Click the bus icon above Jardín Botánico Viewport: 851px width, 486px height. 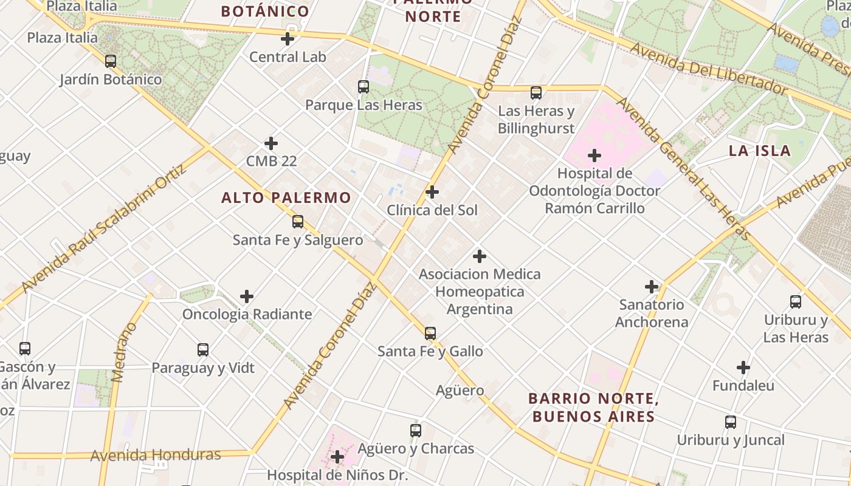110,61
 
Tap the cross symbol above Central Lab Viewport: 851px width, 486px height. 288,39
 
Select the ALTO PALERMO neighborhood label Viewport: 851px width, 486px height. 286,197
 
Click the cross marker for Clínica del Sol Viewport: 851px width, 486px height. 432,193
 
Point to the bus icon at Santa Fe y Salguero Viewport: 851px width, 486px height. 297,222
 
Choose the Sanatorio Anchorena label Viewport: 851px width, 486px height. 652,313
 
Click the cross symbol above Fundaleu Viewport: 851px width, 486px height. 743,368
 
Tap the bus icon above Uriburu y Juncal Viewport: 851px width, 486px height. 731,422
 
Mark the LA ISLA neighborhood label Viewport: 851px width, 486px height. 760,151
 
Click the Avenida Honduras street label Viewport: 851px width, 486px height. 156,455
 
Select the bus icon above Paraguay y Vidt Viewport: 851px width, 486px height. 203,350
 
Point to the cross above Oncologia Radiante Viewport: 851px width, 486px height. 247,296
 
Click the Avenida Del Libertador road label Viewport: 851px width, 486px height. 708,68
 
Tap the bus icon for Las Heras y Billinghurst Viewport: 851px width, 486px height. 536,93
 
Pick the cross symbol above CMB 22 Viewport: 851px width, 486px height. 271,144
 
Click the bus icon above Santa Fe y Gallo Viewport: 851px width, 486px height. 430,334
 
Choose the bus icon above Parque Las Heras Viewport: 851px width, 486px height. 363,87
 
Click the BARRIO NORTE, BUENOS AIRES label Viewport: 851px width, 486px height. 593,408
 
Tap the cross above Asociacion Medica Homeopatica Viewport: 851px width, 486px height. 480,256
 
